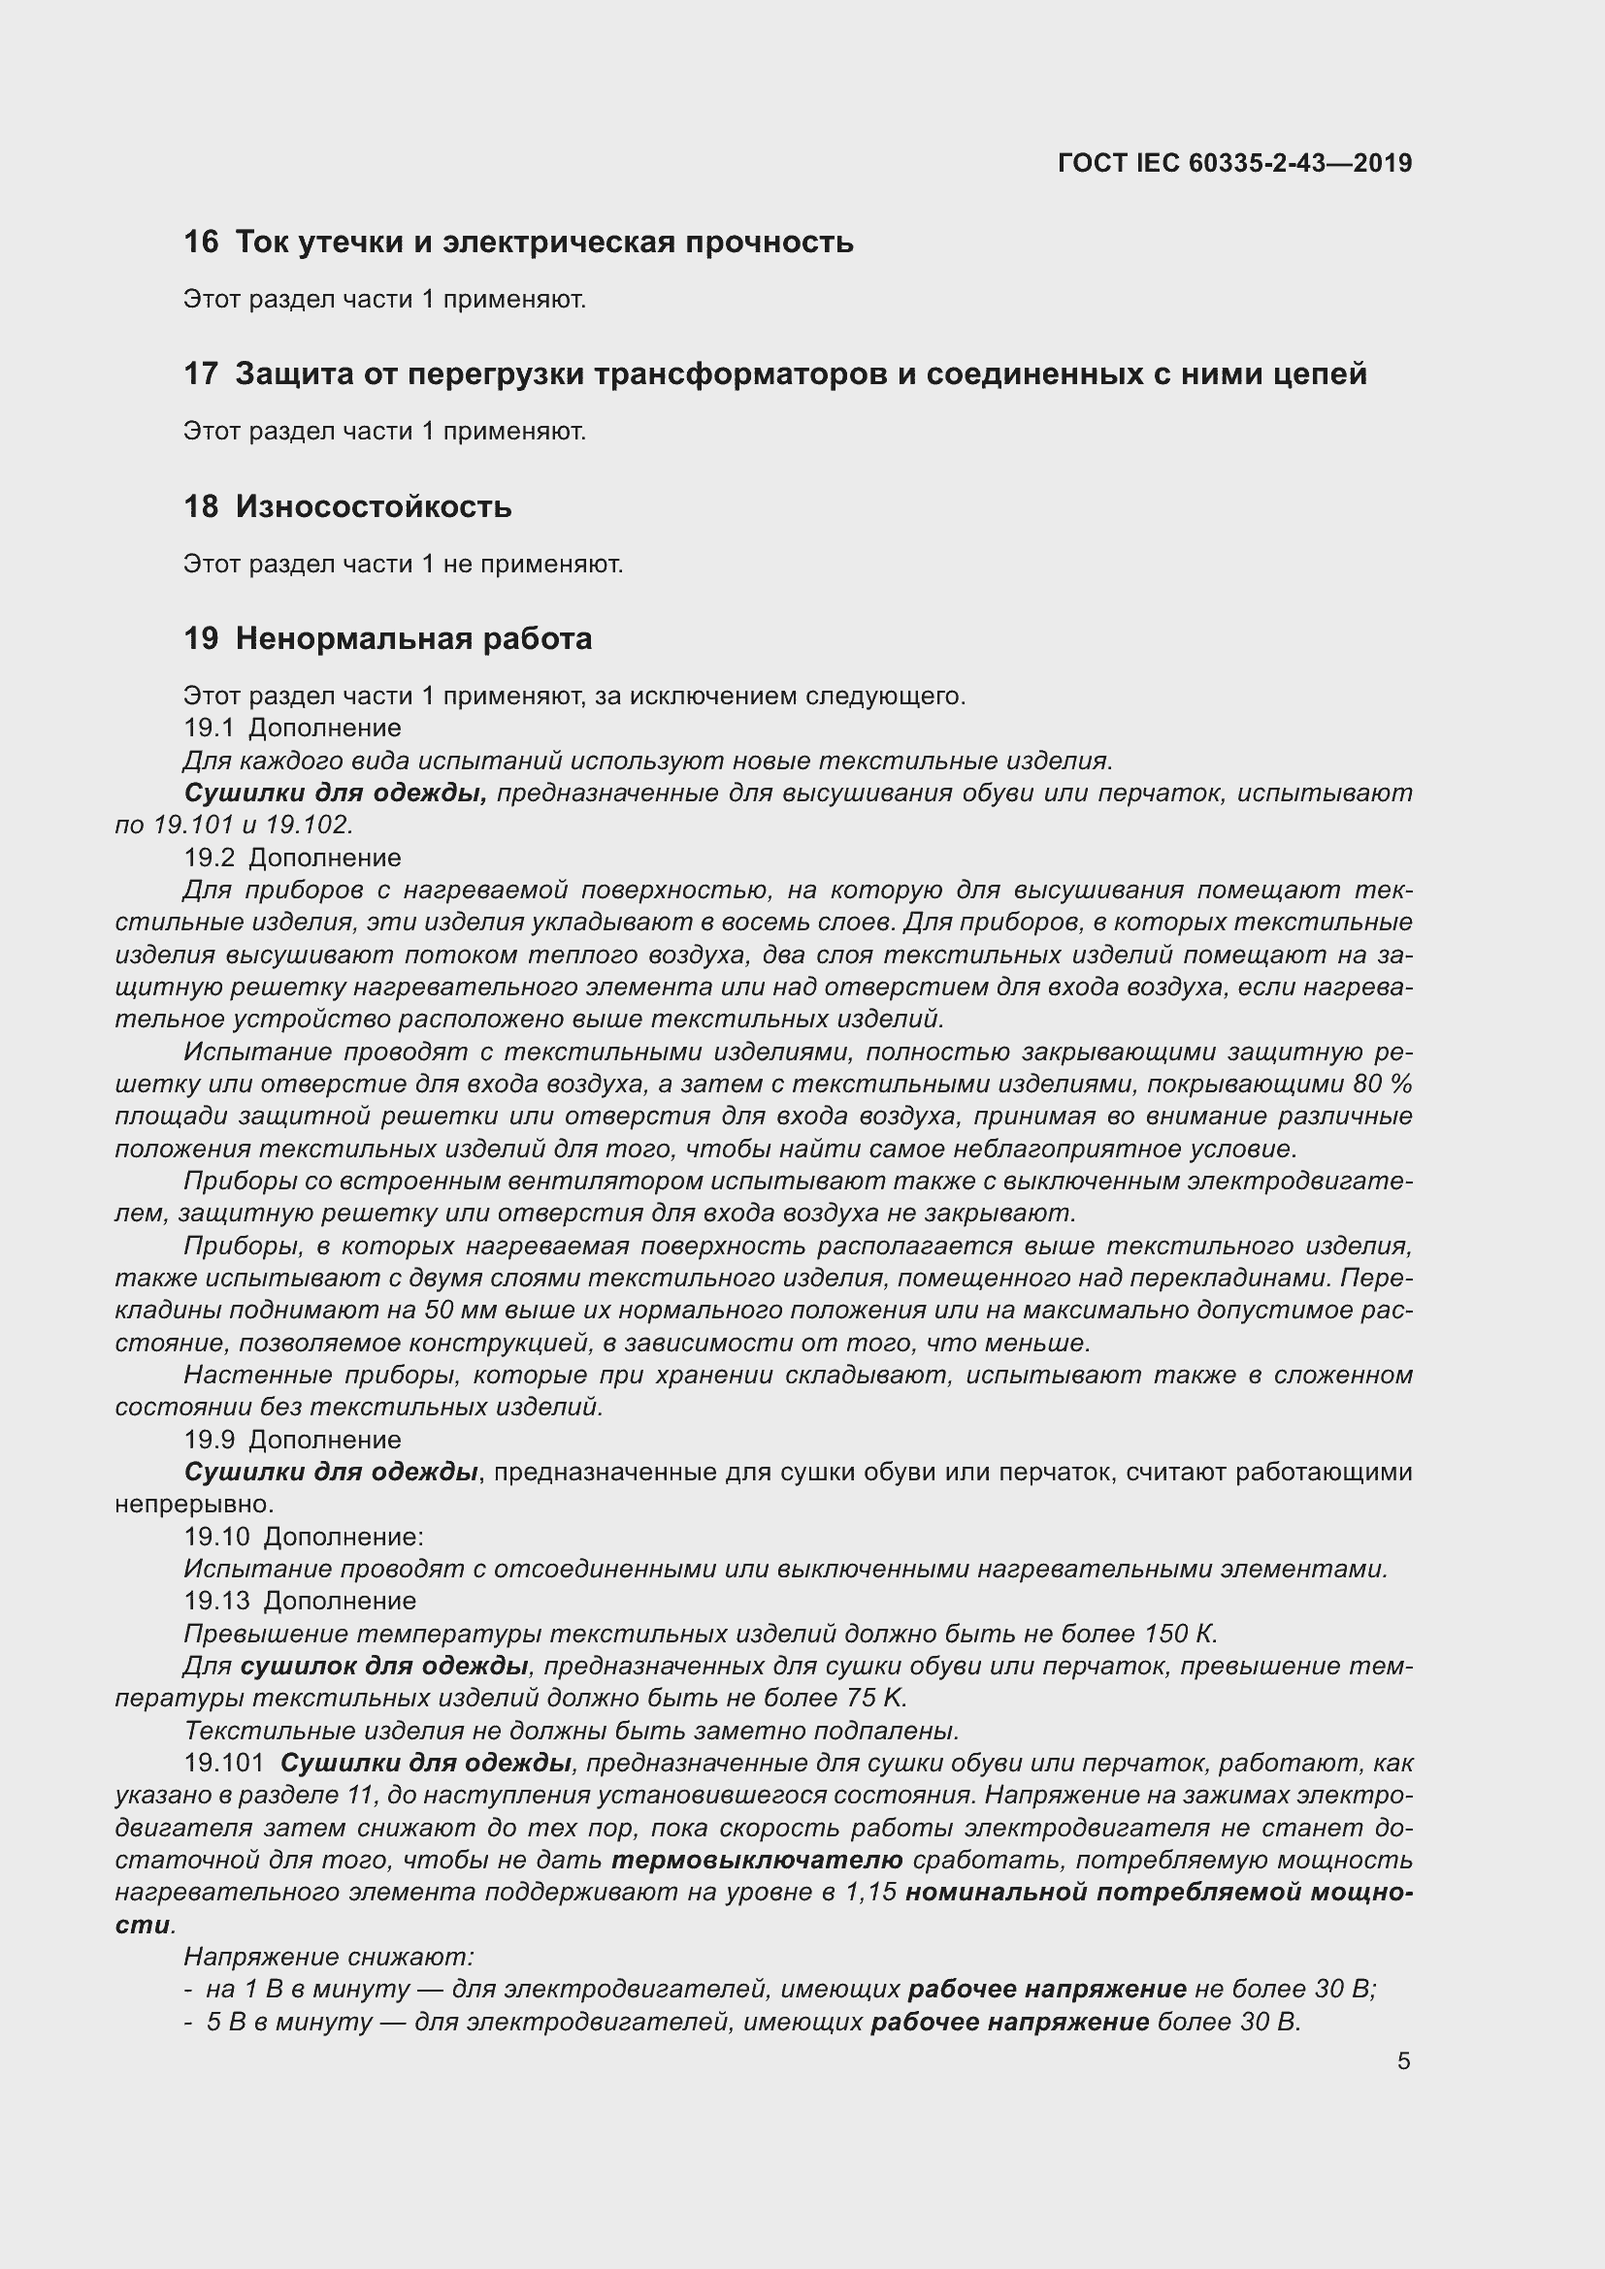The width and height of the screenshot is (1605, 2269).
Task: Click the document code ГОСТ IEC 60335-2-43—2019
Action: pos(1234,163)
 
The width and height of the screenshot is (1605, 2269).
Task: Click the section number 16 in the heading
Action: pos(201,243)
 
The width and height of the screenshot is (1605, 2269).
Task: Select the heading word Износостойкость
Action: pos(374,507)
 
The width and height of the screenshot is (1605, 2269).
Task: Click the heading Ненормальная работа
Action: pos(413,639)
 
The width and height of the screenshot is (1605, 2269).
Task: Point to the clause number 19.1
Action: pos(208,729)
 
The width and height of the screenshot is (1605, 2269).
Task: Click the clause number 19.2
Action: pos(209,858)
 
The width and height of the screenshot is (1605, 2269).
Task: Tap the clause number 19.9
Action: pos(209,1440)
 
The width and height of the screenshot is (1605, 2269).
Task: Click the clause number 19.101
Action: pos(224,1763)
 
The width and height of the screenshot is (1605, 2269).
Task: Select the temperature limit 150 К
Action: pos(1180,1634)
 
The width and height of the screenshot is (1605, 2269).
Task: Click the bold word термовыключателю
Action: pos(757,1861)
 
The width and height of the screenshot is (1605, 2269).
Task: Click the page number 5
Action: pos(1403,2061)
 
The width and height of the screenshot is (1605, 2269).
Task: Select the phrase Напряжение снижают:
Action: pos(329,1957)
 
